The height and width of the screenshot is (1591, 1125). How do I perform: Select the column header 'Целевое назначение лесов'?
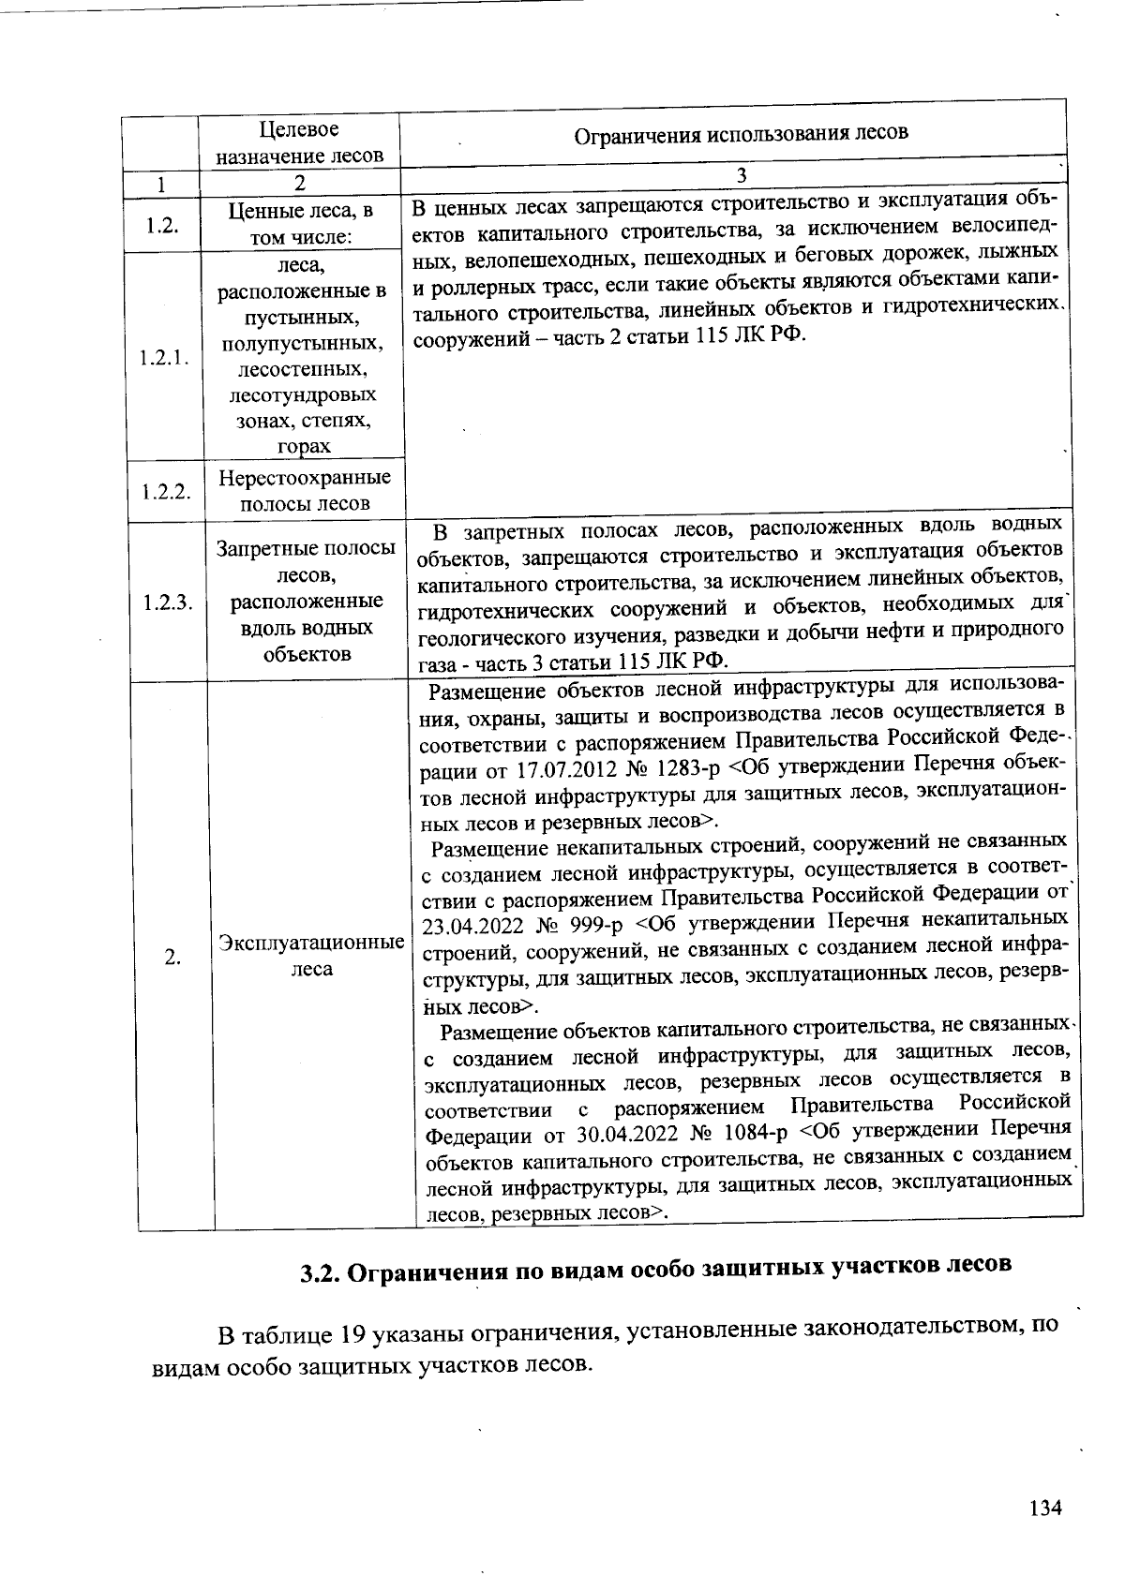[x=299, y=142]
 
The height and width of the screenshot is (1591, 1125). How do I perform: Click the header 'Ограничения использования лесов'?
[x=741, y=133]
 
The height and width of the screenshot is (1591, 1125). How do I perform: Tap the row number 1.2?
[x=162, y=226]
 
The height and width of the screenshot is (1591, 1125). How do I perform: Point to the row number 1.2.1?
[x=165, y=358]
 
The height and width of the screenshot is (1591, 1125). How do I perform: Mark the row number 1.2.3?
[x=169, y=602]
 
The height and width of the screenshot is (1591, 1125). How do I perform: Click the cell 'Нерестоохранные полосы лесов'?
[x=305, y=490]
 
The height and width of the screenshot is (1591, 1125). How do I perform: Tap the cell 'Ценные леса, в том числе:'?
[x=300, y=224]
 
